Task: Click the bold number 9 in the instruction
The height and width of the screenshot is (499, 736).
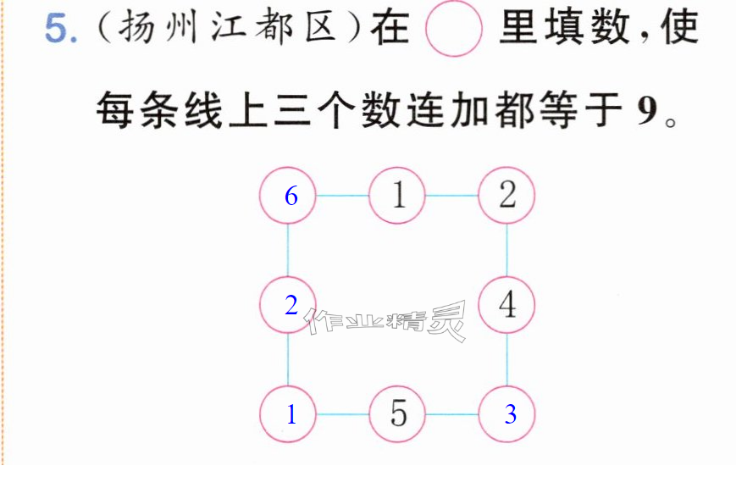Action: click(x=647, y=111)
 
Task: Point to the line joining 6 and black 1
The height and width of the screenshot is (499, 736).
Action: click(x=343, y=196)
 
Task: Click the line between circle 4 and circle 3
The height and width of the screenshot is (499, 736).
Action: click(x=507, y=359)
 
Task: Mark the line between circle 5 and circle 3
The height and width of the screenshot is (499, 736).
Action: click(x=452, y=414)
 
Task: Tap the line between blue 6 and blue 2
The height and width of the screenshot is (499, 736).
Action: click(x=288, y=250)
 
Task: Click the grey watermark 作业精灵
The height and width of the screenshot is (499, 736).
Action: click(x=386, y=321)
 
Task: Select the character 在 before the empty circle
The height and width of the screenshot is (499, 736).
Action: click(x=390, y=28)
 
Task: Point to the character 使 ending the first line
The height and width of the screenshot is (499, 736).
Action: click(x=679, y=28)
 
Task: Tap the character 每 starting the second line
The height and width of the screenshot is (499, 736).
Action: click(x=114, y=110)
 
